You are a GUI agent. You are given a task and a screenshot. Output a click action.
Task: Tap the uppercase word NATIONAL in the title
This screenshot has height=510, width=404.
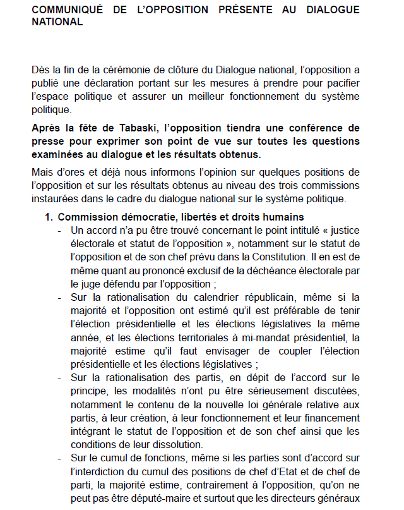click(57, 21)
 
